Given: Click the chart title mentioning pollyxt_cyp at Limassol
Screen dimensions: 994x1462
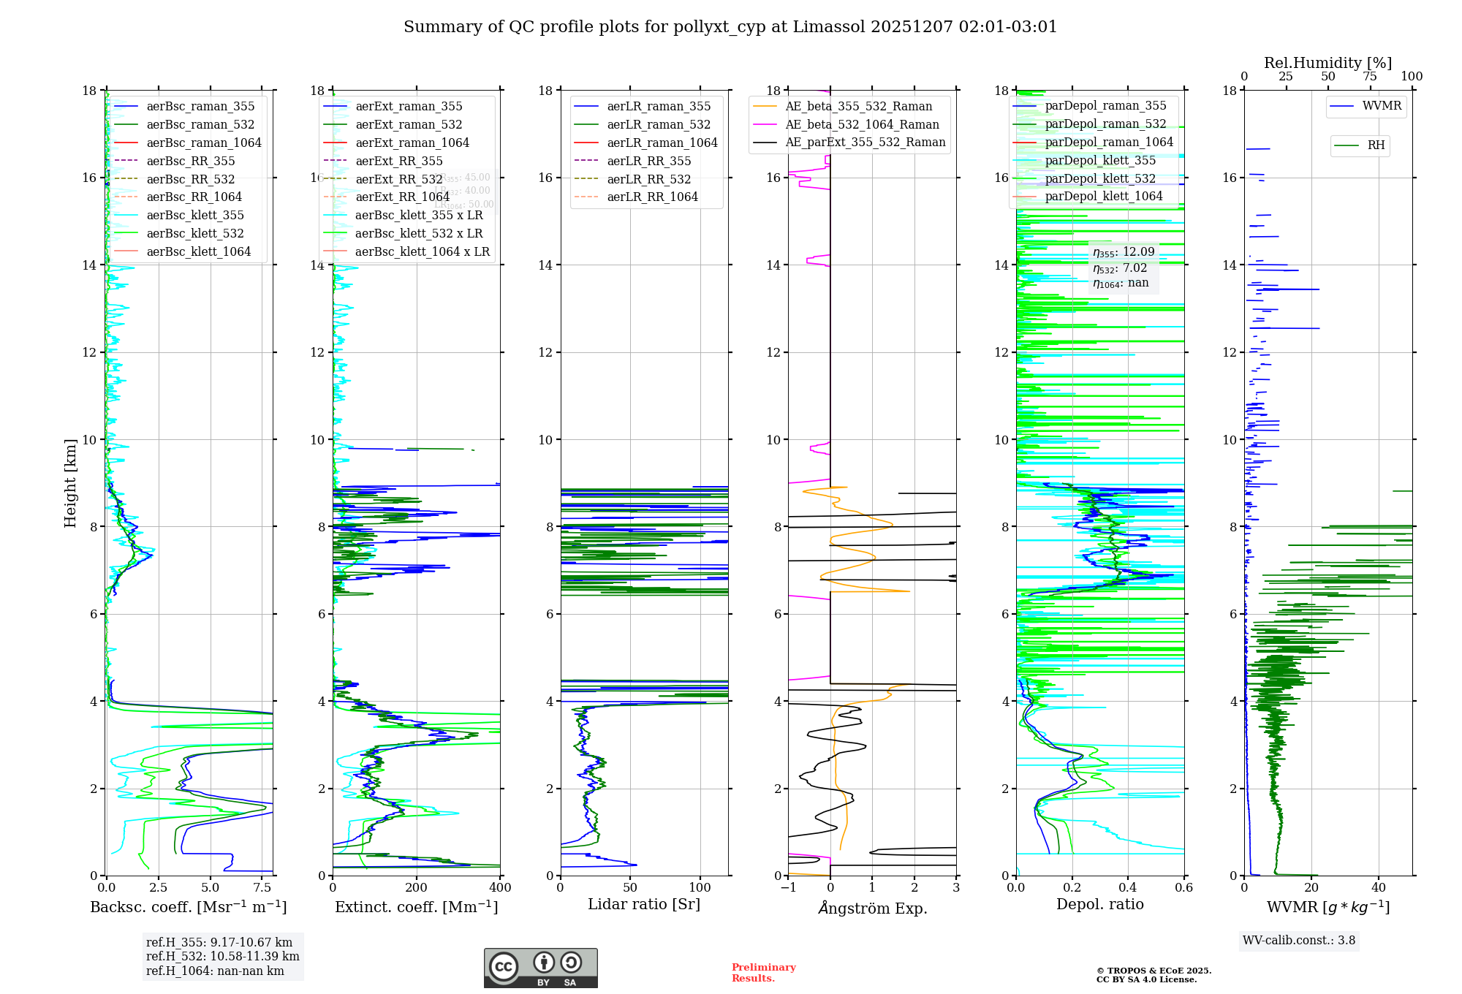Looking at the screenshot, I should point(730,27).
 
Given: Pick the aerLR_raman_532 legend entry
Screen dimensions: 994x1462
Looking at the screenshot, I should point(658,124).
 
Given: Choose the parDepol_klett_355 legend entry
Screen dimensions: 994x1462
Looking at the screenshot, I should point(1100,160).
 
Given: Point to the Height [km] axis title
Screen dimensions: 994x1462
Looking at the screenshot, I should point(70,482).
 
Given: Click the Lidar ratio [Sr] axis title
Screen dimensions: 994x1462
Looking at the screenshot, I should point(644,904).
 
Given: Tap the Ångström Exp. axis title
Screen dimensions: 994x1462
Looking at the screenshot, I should point(872,908).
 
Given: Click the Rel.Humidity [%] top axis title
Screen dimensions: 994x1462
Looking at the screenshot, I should point(1327,63).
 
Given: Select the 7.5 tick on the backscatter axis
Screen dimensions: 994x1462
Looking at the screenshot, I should point(262,888).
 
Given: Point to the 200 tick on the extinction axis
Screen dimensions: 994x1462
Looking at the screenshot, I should point(417,888).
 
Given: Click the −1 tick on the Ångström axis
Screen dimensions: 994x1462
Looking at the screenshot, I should point(788,888).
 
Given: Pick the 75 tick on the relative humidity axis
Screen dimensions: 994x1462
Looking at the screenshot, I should point(1370,77).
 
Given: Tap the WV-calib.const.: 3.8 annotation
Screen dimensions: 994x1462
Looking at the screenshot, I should point(1299,941).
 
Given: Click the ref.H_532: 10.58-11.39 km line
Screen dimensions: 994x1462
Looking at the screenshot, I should point(222,957).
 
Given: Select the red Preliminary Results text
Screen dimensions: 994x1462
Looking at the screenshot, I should point(763,973).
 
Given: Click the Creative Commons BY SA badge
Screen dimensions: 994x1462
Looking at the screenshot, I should point(541,968).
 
